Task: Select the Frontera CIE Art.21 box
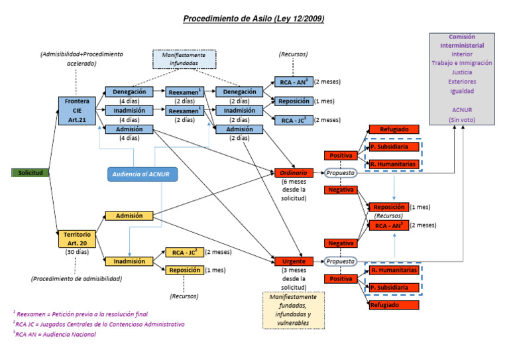pyautogui.click(x=78, y=109)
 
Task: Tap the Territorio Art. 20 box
pyautogui.click(x=78, y=239)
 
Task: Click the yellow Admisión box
pyautogui.click(x=129, y=216)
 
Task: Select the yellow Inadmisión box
pyautogui.click(x=129, y=261)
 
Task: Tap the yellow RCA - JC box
pyautogui.click(x=184, y=252)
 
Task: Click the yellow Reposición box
pyautogui.click(x=184, y=270)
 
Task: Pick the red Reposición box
pyautogui.click(x=388, y=207)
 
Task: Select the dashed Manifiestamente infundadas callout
pyautogui.click(x=184, y=59)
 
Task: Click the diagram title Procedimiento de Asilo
pyautogui.click(x=253, y=19)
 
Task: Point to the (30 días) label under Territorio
pyautogui.click(x=78, y=253)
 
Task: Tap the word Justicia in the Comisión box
pyautogui.click(x=462, y=72)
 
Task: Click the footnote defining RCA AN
pyautogui.click(x=56, y=335)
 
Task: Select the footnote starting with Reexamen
pyautogui.click(x=81, y=314)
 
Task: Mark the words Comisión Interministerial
pyautogui.click(x=462, y=41)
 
